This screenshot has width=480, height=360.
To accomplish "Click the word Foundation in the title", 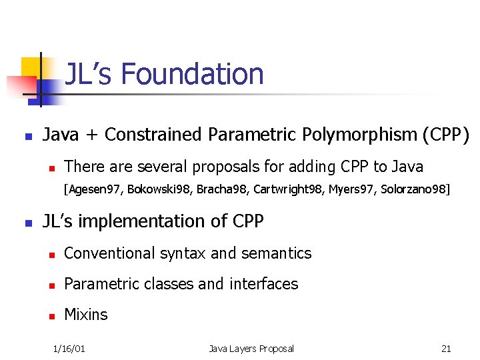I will [193, 74].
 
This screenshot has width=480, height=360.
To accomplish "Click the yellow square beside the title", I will [32, 67].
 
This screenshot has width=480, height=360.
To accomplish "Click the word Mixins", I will [86, 315].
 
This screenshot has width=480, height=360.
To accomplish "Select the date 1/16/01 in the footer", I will [69, 349].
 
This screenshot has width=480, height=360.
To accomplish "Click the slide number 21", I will [446, 349].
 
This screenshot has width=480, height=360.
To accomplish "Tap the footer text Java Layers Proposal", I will [251, 349].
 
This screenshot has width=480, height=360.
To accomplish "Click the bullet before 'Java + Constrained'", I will [27, 136].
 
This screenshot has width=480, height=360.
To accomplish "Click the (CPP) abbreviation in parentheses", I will [445, 135].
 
